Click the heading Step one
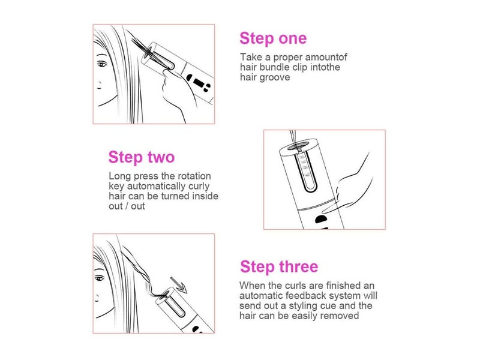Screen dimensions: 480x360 pyautogui.click(x=273, y=38)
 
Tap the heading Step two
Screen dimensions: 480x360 pyautogui.click(x=142, y=157)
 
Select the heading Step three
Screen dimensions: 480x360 pyautogui.click(x=279, y=266)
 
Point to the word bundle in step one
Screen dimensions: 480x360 pyautogui.click(x=271, y=67)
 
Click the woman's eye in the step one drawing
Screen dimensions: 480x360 pyautogui.click(x=102, y=64)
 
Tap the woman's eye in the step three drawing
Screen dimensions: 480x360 pyautogui.click(x=100, y=278)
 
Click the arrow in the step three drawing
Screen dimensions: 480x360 pyautogui.click(x=179, y=284)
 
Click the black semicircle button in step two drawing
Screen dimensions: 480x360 pyautogui.click(x=320, y=220)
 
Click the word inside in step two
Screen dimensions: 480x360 pyautogui.click(x=205, y=196)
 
